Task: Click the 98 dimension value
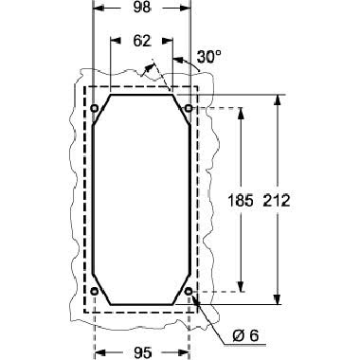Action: (142, 8)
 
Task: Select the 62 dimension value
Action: (142, 41)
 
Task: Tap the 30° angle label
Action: (208, 57)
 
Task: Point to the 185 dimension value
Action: (241, 201)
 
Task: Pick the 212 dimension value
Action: (277, 201)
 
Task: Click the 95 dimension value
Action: (142, 352)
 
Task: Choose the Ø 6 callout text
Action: (245, 336)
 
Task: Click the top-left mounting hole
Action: (94, 108)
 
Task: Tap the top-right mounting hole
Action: (189, 108)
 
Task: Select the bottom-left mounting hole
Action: (94, 291)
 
